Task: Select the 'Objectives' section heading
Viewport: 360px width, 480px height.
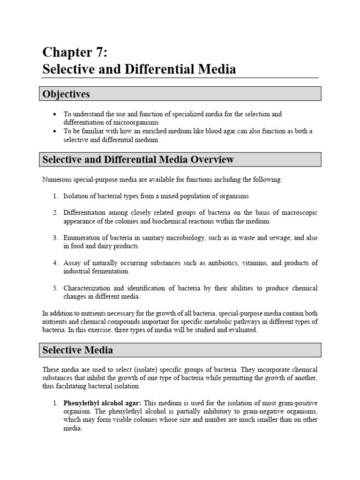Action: (66, 94)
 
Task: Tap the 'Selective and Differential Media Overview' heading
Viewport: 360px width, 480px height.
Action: (138, 159)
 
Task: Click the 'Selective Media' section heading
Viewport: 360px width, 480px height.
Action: (77, 350)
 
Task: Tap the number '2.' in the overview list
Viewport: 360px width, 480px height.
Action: (55, 213)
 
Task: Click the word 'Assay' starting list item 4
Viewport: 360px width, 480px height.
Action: (72, 263)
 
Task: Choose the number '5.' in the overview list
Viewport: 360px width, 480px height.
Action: (55, 288)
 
